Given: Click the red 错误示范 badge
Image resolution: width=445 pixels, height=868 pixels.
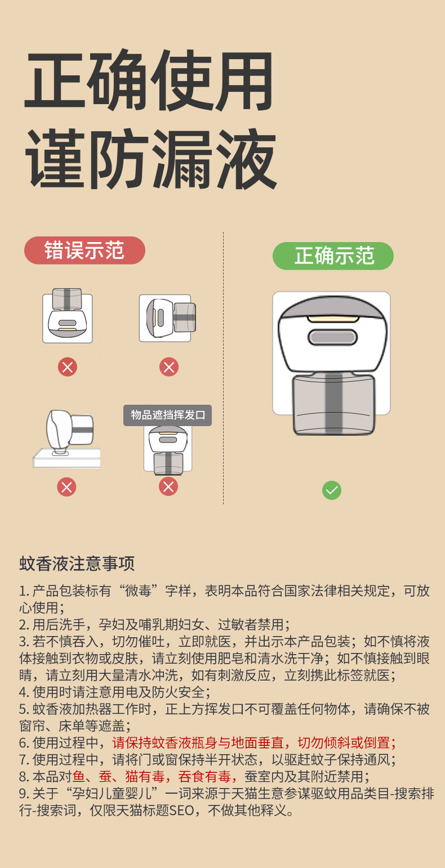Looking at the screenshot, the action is pyautogui.click(x=84, y=250).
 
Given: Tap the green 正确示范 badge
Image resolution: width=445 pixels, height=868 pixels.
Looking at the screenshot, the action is pyautogui.click(x=333, y=256).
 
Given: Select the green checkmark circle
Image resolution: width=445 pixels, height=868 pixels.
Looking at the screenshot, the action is pyautogui.click(x=332, y=490).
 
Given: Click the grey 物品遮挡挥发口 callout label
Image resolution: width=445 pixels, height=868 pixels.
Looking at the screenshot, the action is pyautogui.click(x=168, y=415).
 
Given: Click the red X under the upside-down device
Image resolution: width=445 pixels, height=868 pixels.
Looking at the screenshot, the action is pyautogui.click(x=68, y=368).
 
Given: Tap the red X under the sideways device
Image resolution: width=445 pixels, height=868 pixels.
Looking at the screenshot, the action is pyautogui.click(x=168, y=368).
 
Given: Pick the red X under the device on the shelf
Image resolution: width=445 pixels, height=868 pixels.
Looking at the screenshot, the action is pyautogui.click(x=67, y=486).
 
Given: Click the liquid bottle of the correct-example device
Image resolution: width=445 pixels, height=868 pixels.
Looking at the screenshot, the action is pyautogui.click(x=333, y=404).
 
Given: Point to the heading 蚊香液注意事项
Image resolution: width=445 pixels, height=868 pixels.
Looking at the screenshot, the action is pyautogui.click(x=77, y=563).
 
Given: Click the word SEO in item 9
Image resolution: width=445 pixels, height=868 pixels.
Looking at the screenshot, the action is pyautogui.click(x=181, y=811).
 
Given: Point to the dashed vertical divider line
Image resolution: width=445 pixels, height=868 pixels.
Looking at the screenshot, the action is pyautogui.click(x=224, y=366).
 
